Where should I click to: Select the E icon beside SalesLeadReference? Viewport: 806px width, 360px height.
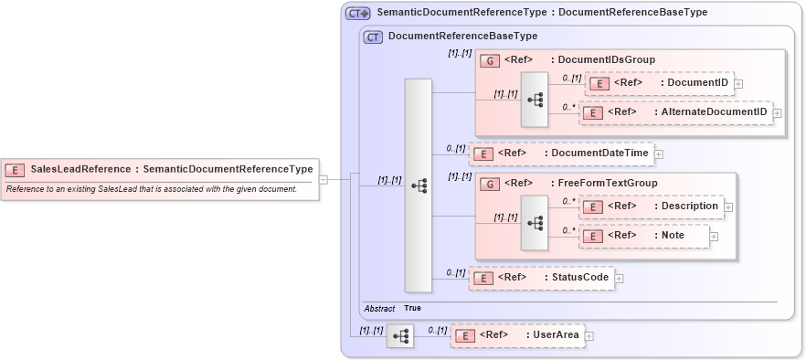(16, 169)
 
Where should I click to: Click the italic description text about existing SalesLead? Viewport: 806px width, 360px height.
(152, 189)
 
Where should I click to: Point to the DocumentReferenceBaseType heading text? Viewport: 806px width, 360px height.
(462, 37)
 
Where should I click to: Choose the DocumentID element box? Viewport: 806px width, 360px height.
(658, 84)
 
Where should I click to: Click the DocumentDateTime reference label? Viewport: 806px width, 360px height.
(599, 154)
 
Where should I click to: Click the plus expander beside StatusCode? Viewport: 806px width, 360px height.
(619, 278)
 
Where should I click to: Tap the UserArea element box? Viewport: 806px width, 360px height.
(517, 335)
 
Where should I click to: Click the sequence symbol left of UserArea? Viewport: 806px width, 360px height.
(400, 336)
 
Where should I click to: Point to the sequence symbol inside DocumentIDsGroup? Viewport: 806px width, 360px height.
(535, 99)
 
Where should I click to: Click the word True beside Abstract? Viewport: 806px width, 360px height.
(413, 308)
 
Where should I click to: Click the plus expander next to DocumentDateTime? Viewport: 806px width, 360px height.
(658, 154)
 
